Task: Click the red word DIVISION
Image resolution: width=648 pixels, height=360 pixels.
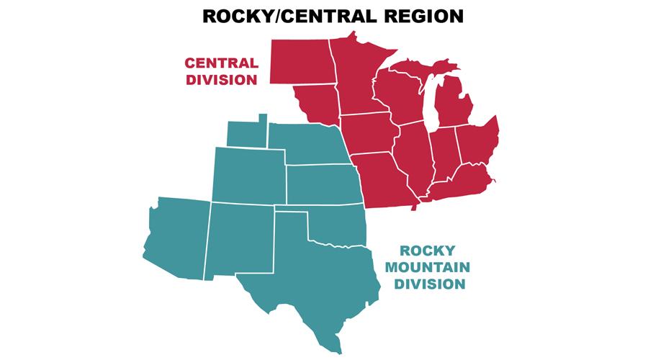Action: (x=221, y=79)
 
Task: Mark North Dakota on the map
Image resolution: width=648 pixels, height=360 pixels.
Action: (x=299, y=61)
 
